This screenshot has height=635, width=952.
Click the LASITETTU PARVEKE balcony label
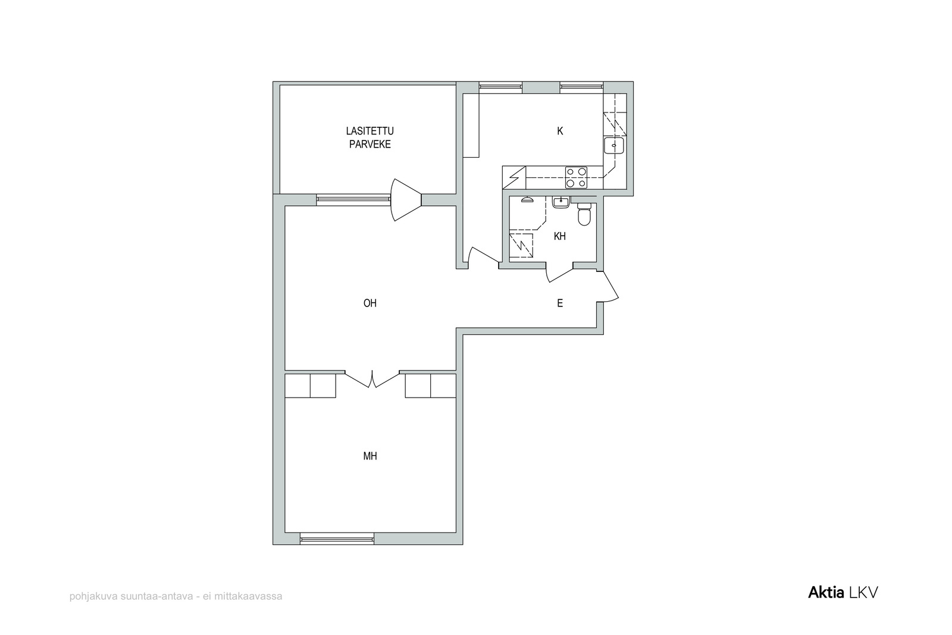[x=369, y=137]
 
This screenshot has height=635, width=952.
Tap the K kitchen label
[x=560, y=131]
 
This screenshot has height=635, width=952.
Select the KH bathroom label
[x=560, y=236]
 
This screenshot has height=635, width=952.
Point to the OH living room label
[x=369, y=303]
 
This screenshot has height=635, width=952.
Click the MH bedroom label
[x=369, y=456]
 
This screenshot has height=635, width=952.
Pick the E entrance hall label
[x=560, y=303]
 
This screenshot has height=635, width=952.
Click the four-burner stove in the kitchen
[x=576, y=177]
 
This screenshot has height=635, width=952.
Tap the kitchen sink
[x=613, y=145]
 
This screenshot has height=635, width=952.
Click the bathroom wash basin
[x=561, y=202]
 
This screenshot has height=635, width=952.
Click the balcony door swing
[x=406, y=200]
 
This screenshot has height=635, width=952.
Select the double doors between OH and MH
[x=372, y=380]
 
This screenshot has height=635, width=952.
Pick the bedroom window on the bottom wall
[x=337, y=539]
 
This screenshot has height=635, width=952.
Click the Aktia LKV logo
[x=843, y=593]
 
